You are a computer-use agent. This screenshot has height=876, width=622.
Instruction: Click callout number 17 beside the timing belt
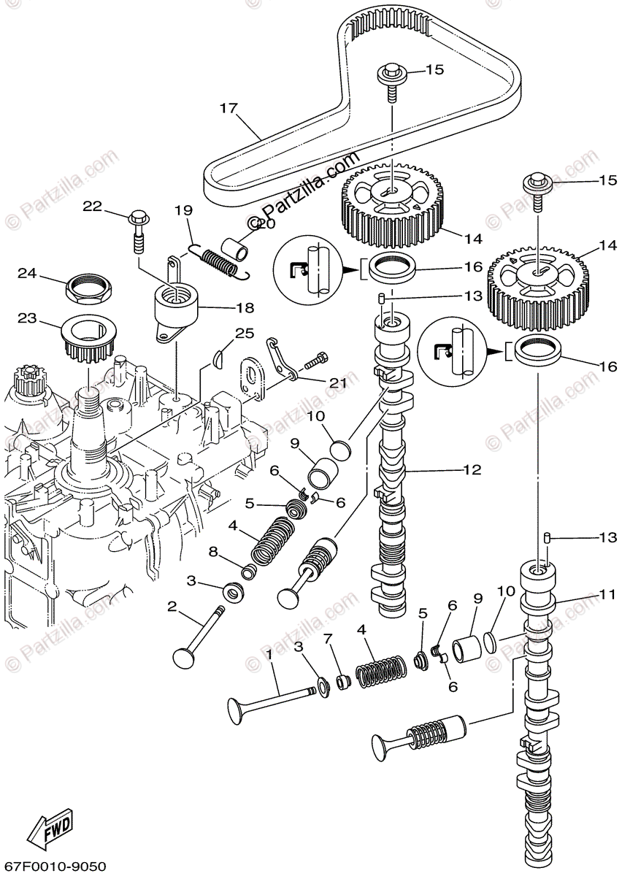pyautogui.click(x=229, y=109)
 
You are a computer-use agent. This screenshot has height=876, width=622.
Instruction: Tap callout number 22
pyautogui.click(x=92, y=207)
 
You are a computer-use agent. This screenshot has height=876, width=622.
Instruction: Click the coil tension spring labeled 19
pyautogui.click(x=219, y=260)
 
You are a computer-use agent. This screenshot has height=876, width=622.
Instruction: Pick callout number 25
pyautogui.click(x=244, y=334)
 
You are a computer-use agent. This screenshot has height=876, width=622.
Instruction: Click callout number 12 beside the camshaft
pyautogui.click(x=472, y=469)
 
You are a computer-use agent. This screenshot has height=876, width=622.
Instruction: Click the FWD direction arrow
pyautogui.click(x=52, y=828)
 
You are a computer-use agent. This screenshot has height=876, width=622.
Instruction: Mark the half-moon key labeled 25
pyautogui.click(x=218, y=358)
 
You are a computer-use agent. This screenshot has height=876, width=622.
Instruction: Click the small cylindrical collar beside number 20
pyautogui.click(x=238, y=247)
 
